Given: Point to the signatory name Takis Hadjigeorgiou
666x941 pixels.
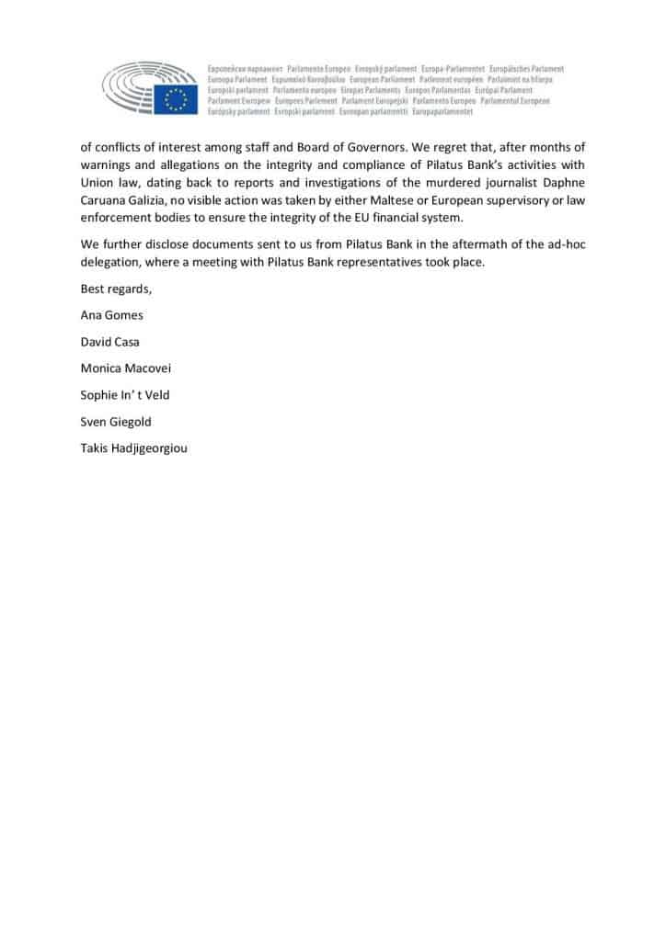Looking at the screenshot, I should point(134,449).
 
